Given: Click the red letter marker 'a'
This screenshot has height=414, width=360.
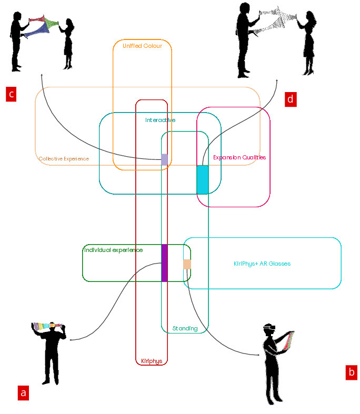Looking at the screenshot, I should (x=23, y=392).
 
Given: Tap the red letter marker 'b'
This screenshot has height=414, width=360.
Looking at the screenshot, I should (x=352, y=372).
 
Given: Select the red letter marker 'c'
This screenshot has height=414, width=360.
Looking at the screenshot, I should (x=11, y=94).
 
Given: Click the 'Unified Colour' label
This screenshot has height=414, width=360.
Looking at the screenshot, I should (x=142, y=46).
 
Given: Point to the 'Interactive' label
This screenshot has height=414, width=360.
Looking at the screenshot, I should (x=160, y=120).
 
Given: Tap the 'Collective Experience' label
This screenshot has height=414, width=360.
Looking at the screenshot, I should (x=64, y=158).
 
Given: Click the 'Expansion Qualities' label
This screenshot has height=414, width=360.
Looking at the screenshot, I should (x=239, y=157).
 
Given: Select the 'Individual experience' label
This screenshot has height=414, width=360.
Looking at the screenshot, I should (x=114, y=250).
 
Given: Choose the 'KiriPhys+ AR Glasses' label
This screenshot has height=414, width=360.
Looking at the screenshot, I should (x=262, y=264).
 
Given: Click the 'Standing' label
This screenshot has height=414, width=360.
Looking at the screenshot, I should (x=185, y=329).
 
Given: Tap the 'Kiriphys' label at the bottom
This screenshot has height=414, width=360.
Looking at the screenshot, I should (x=152, y=361).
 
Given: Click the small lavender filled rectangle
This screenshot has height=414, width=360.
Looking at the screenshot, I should (x=164, y=159).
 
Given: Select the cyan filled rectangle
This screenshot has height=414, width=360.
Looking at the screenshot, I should (x=203, y=179).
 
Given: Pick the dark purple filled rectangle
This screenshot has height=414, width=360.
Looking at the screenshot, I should (x=164, y=262).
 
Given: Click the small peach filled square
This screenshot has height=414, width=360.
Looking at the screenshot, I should (x=187, y=264).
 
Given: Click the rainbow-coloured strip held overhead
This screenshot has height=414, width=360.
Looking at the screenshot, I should (x=47, y=326).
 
